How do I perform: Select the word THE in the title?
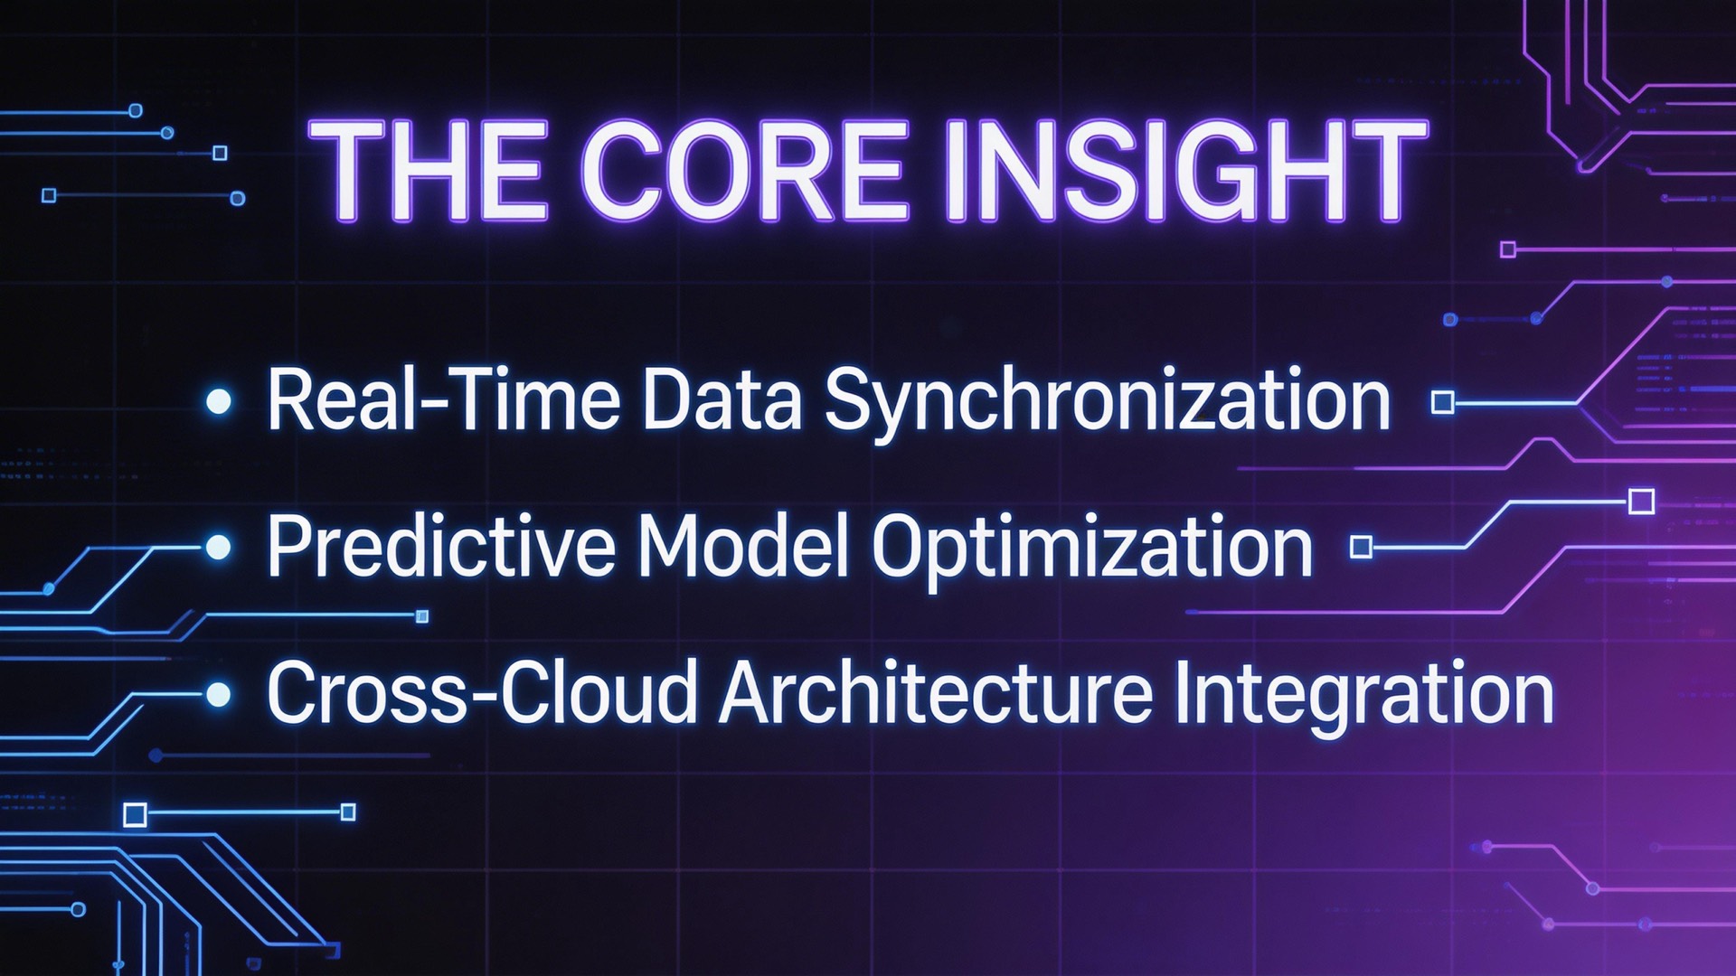pos(430,171)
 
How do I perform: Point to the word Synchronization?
pos(1107,402)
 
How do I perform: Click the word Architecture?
pos(935,694)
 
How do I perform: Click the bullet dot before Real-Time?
pos(219,401)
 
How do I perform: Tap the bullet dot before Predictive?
pos(219,547)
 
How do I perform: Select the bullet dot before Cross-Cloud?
pos(219,695)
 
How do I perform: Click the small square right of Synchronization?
pos(1443,402)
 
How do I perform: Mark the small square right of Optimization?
pos(1361,547)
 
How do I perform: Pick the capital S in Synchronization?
pos(847,399)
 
